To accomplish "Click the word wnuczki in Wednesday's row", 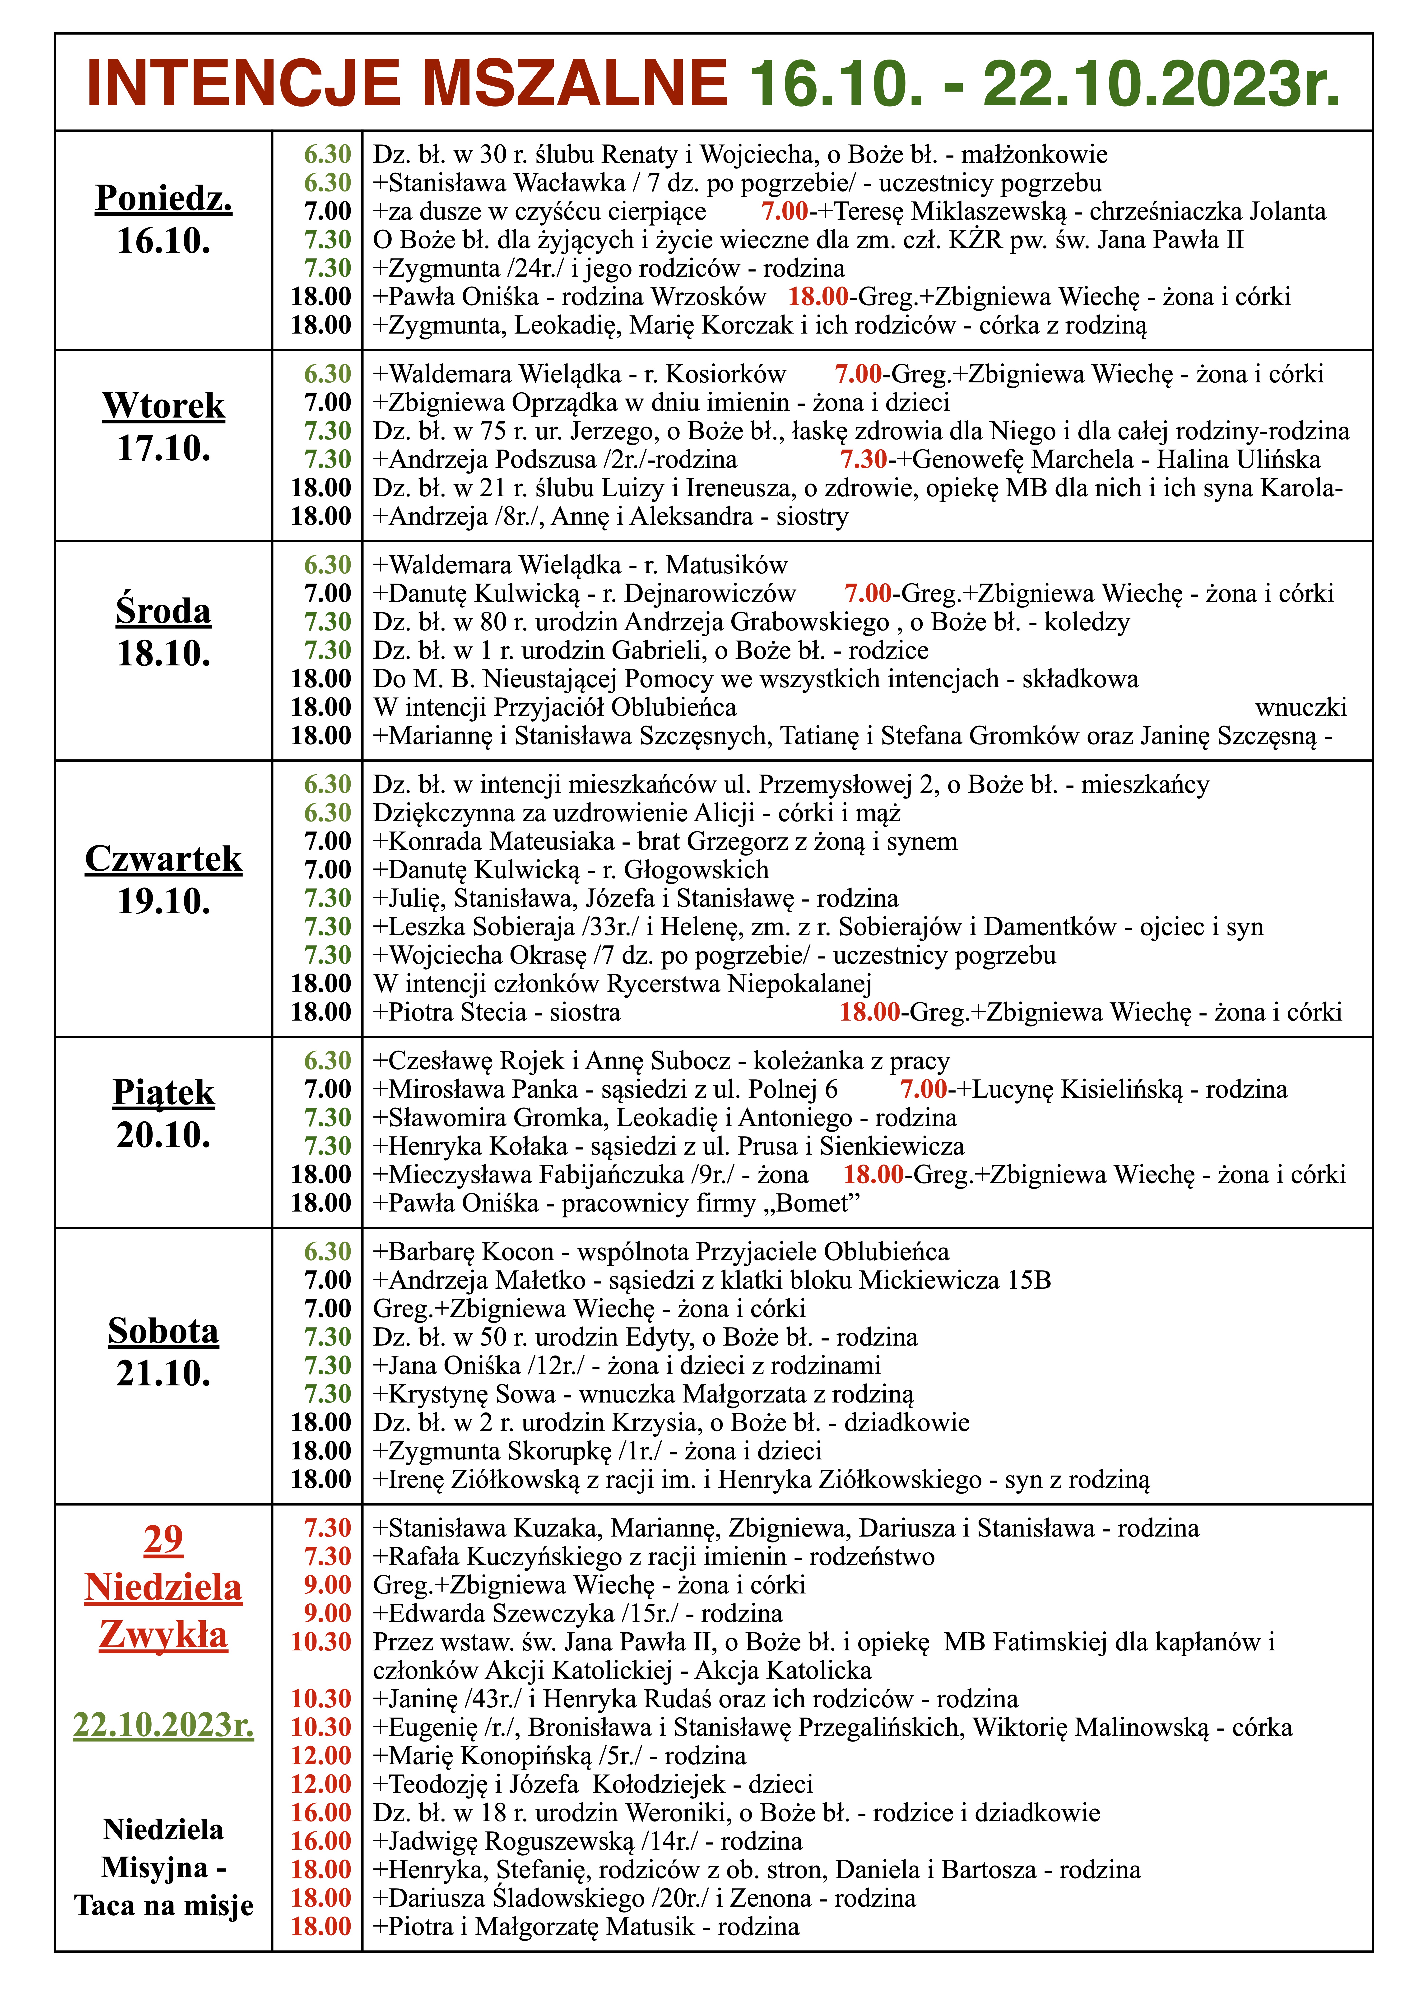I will click(x=1301, y=707).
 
